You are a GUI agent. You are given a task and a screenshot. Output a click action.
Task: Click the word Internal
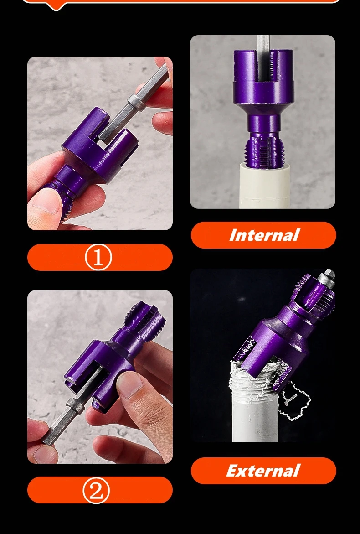[263, 235]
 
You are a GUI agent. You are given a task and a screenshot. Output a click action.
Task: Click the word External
[263, 471]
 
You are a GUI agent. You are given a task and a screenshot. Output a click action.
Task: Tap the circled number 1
[98, 258]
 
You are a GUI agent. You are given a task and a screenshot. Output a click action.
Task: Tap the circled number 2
[96, 491]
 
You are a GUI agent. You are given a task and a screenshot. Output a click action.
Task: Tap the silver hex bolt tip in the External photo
[327, 276]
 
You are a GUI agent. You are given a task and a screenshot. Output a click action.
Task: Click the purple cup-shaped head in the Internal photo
[262, 82]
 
